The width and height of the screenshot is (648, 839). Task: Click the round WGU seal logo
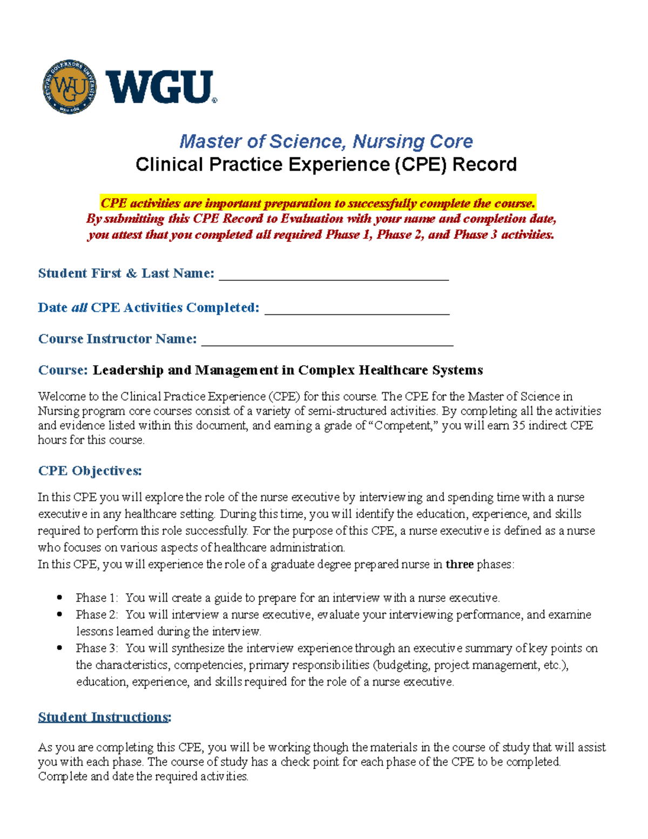[x=70, y=87]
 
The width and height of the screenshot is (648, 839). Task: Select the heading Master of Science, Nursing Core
[x=326, y=142]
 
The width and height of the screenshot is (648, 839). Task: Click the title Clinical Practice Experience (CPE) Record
[x=326, y=164]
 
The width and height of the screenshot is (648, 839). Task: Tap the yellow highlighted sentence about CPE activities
[x=318, y=203]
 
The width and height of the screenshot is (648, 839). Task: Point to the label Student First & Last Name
[x=126, y=273]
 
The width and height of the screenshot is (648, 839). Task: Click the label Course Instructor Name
[x=117, y=339]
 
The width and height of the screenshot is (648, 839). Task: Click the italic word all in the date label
[x=79, y=307]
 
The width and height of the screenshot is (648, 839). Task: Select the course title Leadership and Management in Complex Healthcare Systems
[x=287, y=370]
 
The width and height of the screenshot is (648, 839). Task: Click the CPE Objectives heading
[x=90, y=471]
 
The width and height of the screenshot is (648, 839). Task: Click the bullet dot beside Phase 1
[x=59, y=598]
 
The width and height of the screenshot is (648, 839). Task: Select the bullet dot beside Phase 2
[x=59, y=614]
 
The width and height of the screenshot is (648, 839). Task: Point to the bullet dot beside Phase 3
[x=59, y=648]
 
